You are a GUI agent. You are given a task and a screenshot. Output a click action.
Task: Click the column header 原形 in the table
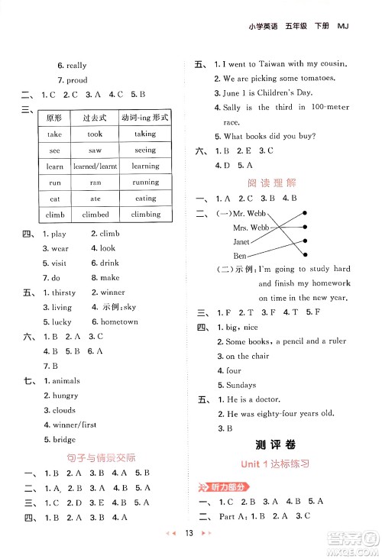point(54,118)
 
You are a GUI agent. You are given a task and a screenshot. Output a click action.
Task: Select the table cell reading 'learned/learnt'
point(95,166)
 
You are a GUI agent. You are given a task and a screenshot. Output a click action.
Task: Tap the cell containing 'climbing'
point(145,215)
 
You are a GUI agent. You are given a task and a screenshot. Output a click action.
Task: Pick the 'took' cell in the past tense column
point(95,134)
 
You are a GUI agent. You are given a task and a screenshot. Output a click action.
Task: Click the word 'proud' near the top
point(76,80)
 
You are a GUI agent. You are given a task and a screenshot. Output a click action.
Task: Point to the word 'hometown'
point(119,322)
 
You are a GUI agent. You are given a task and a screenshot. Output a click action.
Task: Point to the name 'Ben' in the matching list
point(240,255)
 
